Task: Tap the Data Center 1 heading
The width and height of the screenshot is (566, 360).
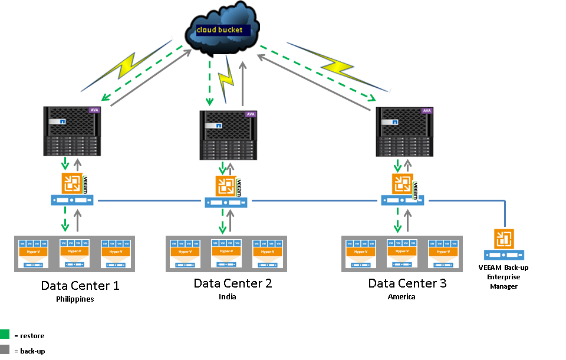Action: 80,286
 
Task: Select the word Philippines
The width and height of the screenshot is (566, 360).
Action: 75,299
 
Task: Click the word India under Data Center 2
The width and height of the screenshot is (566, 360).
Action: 227,296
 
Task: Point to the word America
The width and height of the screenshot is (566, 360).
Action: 402,296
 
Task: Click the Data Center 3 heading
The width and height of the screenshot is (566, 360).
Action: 407,283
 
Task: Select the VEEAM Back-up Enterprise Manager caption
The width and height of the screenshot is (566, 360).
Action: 504,276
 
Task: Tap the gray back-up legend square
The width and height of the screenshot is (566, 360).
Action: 5,350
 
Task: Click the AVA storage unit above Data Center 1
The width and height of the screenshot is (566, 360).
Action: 71,131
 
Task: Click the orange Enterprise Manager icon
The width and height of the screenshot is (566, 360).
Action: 504,239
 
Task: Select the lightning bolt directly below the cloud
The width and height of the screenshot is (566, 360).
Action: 226,77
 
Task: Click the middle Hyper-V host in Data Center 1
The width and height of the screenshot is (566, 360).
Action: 74,254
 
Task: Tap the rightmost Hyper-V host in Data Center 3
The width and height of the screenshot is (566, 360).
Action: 442,254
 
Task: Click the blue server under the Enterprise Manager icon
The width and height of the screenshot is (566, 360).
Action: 504,255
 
